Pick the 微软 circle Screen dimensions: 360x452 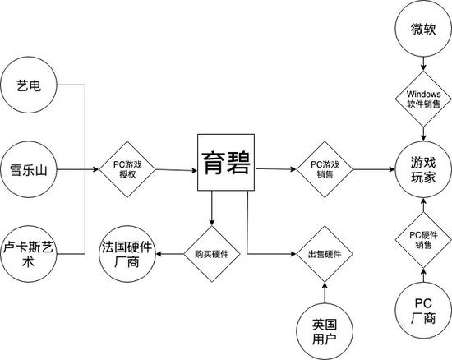[x=422, y=30]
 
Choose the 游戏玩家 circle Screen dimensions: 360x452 [x=422, y=170]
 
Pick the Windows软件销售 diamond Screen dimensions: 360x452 [x=422, y=99]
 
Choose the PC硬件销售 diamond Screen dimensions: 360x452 [x=422, y=240]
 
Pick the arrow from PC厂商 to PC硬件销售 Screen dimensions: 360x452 [x=422, y=275]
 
